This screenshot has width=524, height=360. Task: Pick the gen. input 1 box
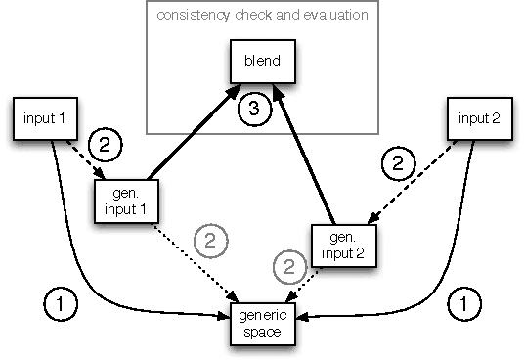click(x=126, y=201)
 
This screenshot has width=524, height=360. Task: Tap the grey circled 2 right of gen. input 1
click(x=211, y=240)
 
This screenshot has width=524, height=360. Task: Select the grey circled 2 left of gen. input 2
click(x=284, y=264)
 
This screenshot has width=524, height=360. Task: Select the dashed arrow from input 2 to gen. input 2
click(x=411, y=186)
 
